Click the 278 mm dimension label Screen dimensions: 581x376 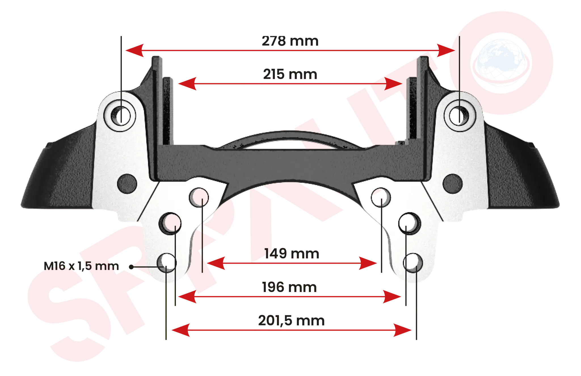point(290,41)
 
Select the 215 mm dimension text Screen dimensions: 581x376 point(290,74)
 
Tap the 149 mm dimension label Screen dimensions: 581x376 point(292,254)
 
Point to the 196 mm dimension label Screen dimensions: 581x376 point(289,287)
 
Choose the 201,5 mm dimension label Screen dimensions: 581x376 point(291,321)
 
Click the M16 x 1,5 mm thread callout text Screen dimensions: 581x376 point(81,266)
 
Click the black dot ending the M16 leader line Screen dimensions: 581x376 point(131,267)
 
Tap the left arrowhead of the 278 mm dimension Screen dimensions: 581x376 point(134,51)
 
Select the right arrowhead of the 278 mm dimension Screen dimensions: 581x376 point(446,51)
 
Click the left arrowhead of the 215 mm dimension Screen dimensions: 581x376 point(187,84)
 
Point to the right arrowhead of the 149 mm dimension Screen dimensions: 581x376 point(368,263)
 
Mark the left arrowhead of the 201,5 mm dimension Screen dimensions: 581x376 point(181,330)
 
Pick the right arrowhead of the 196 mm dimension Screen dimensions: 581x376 point(392,297)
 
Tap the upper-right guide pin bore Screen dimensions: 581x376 point(460,116)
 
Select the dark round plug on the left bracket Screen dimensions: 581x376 point(127,184)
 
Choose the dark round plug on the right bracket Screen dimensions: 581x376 point(453,184)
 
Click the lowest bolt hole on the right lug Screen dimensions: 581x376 point(413,263)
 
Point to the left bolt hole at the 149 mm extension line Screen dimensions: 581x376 point(199,197)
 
